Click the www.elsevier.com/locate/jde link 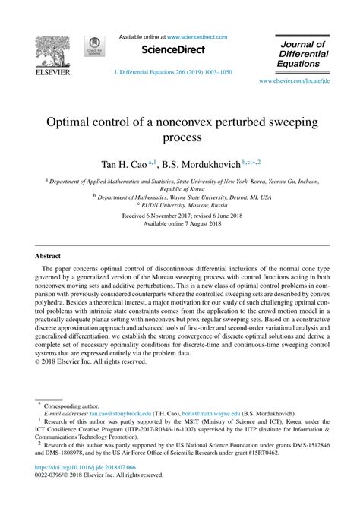[293, 80]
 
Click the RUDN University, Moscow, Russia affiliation [181, 204]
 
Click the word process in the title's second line [181, 139]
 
